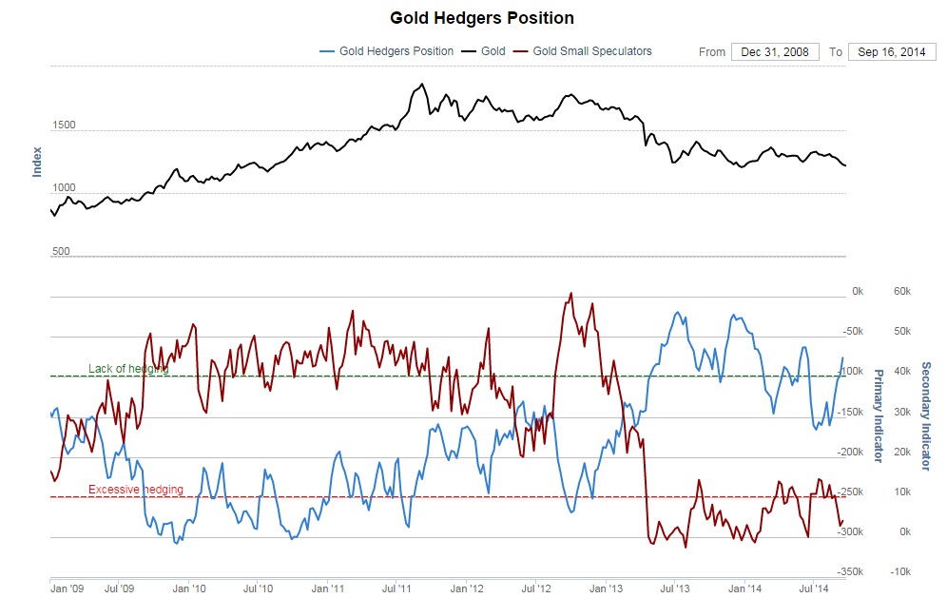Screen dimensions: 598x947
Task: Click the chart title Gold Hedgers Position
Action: [x=482, y=18]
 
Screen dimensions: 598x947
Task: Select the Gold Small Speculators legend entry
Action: [x=591, y=51]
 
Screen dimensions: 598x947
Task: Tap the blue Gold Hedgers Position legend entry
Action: [x=396, y=51]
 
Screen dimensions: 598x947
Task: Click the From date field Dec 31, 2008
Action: [x=775, y=51]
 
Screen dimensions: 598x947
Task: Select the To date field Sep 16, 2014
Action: [x=892, y=51]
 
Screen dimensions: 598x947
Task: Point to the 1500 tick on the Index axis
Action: [x=63, y=125]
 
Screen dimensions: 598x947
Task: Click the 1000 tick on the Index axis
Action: [x=63, y=188]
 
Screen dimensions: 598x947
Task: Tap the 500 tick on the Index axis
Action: [x=61, y=251]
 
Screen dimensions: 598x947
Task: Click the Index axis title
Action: [x=37, y=161]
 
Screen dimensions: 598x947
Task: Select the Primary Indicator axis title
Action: [x=879, y=421]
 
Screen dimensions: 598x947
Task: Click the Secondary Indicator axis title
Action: [x=925, y=415]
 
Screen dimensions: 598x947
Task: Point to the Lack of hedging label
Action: [x=128, y=368]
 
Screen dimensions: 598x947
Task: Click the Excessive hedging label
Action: [x=135, y=490]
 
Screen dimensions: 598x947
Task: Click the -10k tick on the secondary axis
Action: [x=899, y=572]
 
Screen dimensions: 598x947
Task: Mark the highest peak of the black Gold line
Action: [x=421, y=84]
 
